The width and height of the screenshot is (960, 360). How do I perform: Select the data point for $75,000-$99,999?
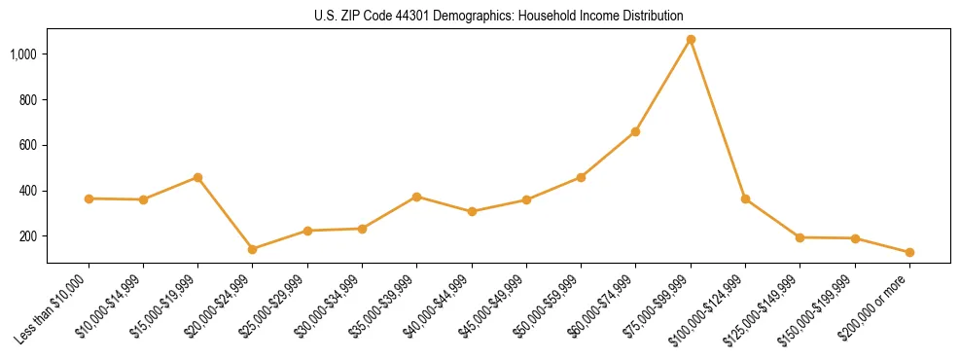pos(691,40)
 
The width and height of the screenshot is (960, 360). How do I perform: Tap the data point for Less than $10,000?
pos(89,198)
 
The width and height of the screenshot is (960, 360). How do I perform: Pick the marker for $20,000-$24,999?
pos(253,249)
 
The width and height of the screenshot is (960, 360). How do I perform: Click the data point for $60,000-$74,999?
pos(635,131)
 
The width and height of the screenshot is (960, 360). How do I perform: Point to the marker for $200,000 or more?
pos(909,252)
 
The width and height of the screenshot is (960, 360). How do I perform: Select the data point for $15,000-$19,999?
pos(197,177)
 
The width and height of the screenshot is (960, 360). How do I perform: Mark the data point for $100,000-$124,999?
pos(745,198)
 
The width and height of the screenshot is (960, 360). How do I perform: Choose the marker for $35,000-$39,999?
pos(416,197)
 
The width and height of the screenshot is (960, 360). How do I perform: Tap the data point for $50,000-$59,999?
pos(581,177)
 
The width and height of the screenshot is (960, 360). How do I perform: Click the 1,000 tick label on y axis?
pos(23,54)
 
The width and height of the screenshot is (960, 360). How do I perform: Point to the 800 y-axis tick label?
pos(28,100)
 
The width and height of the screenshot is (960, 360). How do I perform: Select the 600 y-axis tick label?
pos(28,145)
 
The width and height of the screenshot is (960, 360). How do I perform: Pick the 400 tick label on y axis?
pos(28,191)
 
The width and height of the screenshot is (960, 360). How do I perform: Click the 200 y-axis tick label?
pos(28,236)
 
